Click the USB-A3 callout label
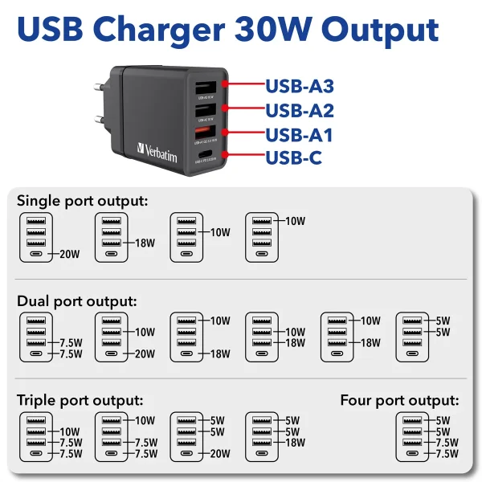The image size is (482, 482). tap(299, 86)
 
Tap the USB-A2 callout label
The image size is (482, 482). tap(299, 110)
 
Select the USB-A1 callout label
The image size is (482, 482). tap(299, 134)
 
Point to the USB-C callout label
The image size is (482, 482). tap(293, 157)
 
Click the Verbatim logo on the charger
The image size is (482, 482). tap(157, 152)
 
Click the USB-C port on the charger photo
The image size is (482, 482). tap(206, 153)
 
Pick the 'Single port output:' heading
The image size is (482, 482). tap(83, 200)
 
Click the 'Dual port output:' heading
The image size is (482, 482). tap(77, 301)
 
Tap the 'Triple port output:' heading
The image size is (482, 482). tap(80, 400)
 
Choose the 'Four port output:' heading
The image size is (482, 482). tap(399, 400)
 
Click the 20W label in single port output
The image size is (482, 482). tap(70, 255)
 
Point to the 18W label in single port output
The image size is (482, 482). tap(145, 243)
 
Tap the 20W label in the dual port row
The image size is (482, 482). tap(145, 353)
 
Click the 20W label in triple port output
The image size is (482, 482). tap(220, 454)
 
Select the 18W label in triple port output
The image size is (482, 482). tap(296, 443)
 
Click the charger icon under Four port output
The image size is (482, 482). tap(413, 437)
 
